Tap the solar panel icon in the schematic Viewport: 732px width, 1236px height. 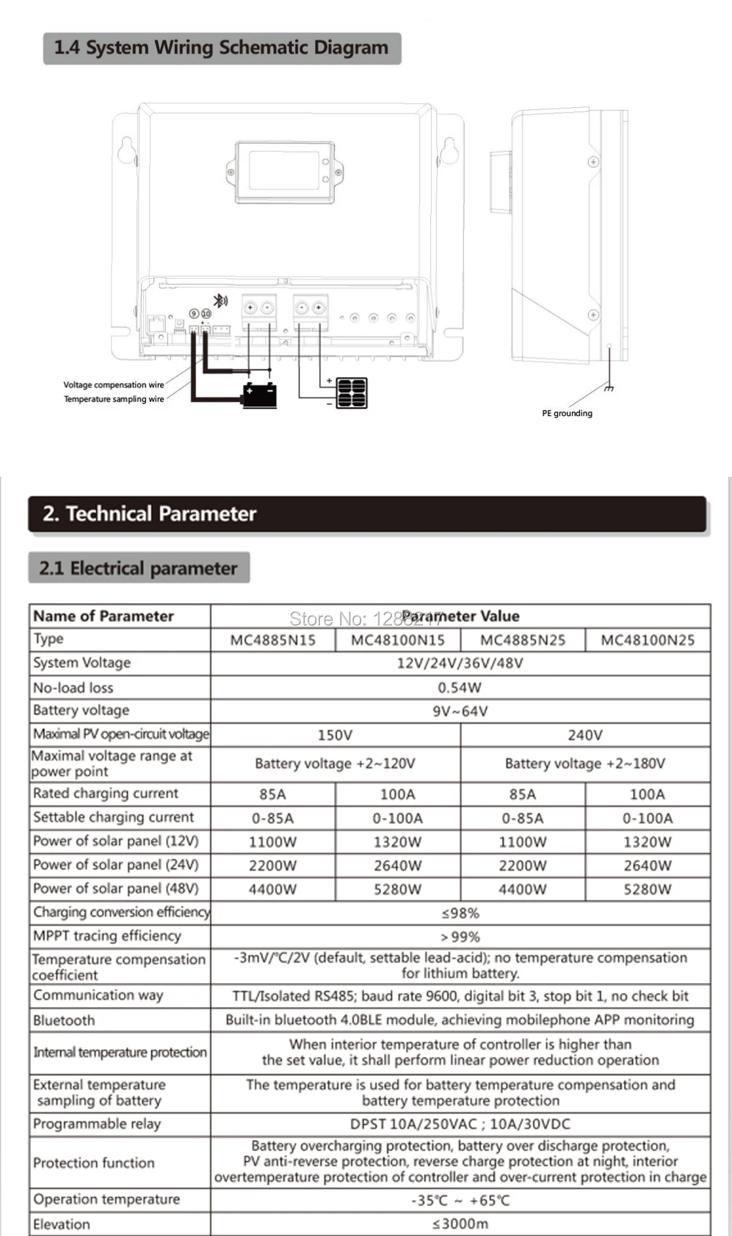pos(351,393)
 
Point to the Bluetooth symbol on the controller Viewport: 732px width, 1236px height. pos(220,300)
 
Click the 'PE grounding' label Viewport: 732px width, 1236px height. pos(567,413)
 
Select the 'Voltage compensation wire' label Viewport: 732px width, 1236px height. pos(114,384)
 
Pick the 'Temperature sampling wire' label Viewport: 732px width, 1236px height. pos(114,399)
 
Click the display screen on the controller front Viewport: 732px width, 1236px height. pos(284,172)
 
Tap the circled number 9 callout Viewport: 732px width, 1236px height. pos(194,314)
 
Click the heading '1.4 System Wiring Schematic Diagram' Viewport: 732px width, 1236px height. pos(221,48)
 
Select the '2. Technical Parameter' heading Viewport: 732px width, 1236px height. pos(150,513)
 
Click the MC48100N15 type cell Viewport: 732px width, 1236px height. pos(397,640)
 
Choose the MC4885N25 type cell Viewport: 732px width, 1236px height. pos(523,640)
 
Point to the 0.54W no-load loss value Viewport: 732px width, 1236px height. pos(460,687)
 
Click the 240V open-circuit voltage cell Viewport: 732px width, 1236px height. pos(585,735)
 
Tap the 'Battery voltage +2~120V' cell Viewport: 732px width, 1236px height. pos(335,764)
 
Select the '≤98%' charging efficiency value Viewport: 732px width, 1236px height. pos(460,913)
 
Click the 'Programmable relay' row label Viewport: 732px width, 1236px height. pos(97,1124)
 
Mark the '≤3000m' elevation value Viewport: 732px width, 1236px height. pos(460,1224)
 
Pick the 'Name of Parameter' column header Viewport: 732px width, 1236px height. pos(104,616)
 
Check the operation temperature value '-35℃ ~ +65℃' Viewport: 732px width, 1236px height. pos(460,1200)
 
